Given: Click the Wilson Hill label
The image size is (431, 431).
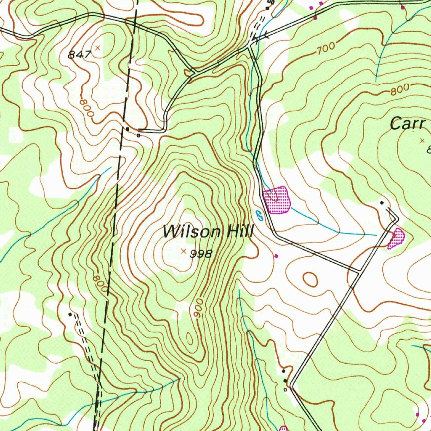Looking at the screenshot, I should pos(208,231).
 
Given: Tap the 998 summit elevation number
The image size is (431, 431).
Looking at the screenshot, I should pos(201,254).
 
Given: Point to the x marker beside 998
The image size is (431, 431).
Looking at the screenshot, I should pos(183,251).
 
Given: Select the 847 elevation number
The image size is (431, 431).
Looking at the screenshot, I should pos(80,54).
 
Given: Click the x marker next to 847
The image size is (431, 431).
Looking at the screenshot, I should pos(98,48).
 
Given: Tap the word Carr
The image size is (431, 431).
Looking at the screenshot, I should pos(408,124).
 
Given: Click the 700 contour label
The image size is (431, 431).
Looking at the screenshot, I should pos(326,48).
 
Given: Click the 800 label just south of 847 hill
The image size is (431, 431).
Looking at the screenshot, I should pos(86,108).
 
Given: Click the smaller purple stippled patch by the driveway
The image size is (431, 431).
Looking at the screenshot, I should pos(396,238).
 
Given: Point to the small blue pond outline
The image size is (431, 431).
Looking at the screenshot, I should pos(259,216).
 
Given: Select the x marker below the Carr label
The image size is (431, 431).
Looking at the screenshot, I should pos(423,141).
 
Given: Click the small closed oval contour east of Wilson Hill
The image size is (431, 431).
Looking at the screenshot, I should pos(310,279).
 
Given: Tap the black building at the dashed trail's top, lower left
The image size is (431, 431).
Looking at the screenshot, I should pos(70,314).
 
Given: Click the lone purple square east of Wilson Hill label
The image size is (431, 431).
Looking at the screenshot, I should pos(276,255).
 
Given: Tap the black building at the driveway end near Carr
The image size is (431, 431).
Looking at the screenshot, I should pos(382,203).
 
